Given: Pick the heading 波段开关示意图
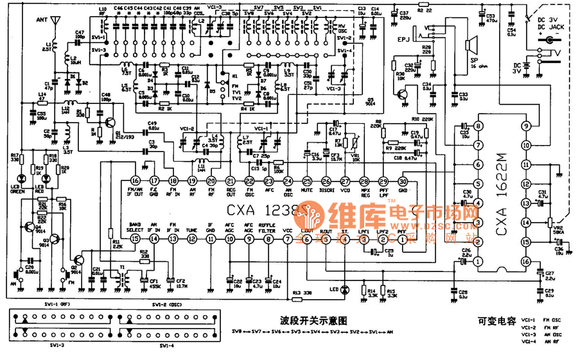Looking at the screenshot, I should coord(309,319).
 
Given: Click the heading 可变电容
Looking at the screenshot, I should coord(497,321).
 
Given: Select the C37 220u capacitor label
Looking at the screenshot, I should coord(404,14).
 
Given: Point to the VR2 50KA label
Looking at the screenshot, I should coord(558,230).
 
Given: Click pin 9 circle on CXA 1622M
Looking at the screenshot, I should coord(527,126).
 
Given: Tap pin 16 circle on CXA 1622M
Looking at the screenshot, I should coord(527,261).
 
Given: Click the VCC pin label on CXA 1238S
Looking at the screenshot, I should coord(287,229).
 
